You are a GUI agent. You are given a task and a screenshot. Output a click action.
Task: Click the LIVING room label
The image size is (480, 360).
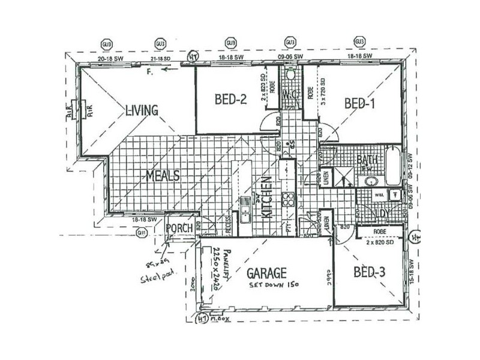[x=142, y=110]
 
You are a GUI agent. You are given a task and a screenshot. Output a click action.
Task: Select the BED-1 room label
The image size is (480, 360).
[x=360, y=104]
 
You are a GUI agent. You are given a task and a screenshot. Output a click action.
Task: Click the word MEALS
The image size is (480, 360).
[x=163, y=175]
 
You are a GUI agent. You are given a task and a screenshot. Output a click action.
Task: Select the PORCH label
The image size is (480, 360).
[x=179, y=229]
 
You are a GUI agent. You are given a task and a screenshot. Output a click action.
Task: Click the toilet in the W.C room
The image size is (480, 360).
[x=291, y=76]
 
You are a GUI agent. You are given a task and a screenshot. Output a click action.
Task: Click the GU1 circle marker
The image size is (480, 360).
[x=142, y=232]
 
